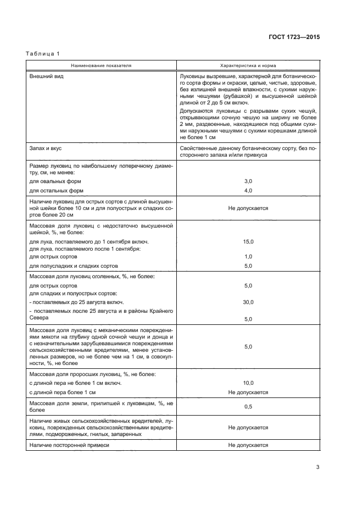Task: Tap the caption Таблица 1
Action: click(x=43, y=53)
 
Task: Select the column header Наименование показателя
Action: click(x=101, y=65)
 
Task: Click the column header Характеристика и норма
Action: click(x=248, y=65)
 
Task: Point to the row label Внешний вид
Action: click(x=46, y=76)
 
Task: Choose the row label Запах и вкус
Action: click(x=48, y=148)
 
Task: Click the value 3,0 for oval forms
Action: click(x=248, y=181)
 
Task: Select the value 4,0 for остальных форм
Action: click(x=248, y=191)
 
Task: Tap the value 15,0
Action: click(x=248, y=241)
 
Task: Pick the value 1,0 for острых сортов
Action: click(x=248, y=257)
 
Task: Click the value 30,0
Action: click(x=248, y=302)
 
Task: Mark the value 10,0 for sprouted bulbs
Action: click(x=248, y=383)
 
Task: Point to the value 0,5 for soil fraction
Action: click(x=248, y=407)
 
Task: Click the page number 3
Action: click(x=317, y=467)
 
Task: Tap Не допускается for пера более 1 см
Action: click(x=248, y=393)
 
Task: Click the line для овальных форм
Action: click(x=54, y=181)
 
